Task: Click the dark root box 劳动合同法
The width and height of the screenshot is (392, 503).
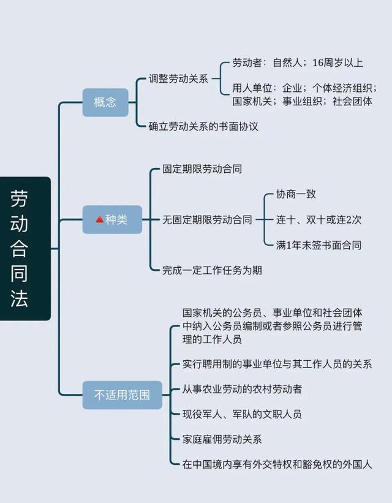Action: pos(25,249)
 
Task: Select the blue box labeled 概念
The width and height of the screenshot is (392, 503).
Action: pos(105,102)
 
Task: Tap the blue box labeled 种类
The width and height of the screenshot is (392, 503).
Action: pos(112,219)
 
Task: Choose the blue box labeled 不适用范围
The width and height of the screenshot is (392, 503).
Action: pos(116,395)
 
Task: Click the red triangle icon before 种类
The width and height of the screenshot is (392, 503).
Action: pos(99,219)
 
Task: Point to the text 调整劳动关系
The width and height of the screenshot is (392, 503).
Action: pos(178,78)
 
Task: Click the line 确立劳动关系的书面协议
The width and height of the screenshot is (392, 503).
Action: pos(204,126)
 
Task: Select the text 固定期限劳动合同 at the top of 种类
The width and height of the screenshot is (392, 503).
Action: pos(202,168)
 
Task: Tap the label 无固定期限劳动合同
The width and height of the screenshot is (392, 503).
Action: pos(207,219)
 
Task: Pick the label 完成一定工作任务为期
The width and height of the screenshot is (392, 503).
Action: pos(212,270)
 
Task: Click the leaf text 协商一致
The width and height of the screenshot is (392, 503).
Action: pos(296,194)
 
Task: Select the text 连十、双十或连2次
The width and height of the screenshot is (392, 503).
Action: pos(318,219)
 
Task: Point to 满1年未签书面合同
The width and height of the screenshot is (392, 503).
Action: pos(318,245)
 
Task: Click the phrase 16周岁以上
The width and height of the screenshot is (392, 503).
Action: pos(337,62)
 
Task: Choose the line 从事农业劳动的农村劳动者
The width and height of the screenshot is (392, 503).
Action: pos(242,389)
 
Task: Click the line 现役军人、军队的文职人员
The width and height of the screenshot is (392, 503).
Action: pos(242,414)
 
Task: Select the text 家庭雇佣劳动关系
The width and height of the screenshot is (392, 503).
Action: pos(222,439)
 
